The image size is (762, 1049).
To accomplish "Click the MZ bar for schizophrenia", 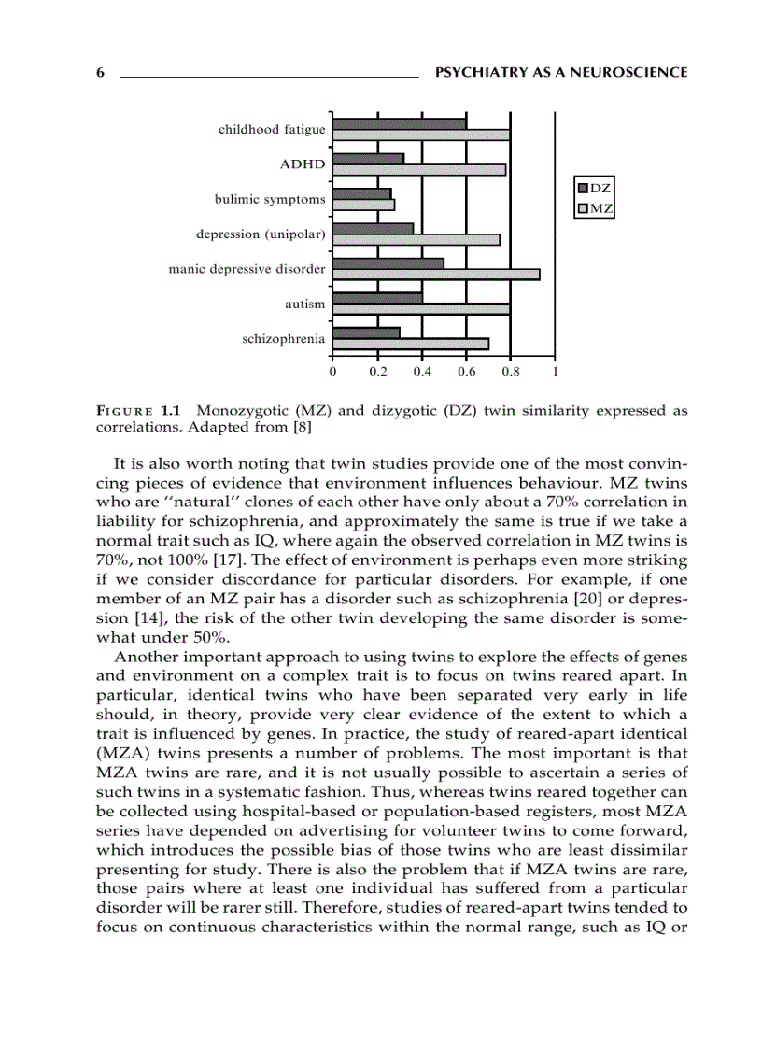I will (410, 344).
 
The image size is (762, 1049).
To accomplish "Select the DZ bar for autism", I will (377, 298).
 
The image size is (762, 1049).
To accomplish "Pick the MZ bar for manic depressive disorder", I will (435, 275).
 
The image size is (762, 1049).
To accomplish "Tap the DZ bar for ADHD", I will (368, 159).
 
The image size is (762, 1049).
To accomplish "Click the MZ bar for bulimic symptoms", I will (363, 205).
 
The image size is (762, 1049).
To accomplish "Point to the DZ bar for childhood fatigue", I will (399, 124).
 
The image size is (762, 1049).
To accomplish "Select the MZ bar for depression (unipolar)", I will (416, 239).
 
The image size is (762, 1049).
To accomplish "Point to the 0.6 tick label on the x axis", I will (466, 371).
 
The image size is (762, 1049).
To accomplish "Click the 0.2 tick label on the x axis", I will (377, 371).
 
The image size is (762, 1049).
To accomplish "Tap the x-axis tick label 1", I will (555, 371).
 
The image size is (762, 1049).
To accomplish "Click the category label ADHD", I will (303, 164).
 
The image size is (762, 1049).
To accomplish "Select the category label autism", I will (305, 304).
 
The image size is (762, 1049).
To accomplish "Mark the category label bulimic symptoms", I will (270, 199).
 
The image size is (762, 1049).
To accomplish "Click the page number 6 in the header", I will (100, 73).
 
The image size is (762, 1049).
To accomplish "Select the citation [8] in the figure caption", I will (301, 428).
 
